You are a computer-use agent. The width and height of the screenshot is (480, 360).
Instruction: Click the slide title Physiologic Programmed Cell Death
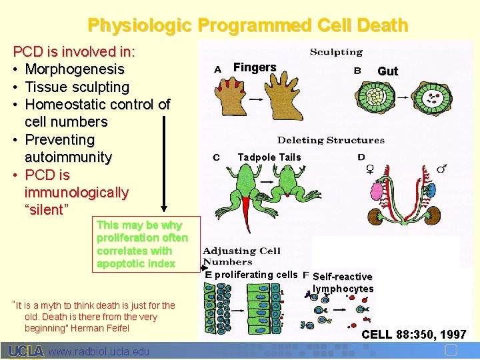(247, 25)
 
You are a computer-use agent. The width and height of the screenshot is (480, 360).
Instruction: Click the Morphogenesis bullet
(74, 69)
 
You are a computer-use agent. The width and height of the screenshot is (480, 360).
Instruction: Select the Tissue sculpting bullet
(77, 87)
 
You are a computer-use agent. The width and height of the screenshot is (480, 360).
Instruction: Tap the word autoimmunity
(68, 157)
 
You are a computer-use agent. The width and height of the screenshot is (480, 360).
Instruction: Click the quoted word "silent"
(46, 210)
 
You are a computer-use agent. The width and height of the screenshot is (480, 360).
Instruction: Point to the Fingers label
(254, 67)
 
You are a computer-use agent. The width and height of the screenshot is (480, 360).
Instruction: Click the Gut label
(387, 71)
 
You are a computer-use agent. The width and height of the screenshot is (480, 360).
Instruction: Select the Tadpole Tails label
(269, 157)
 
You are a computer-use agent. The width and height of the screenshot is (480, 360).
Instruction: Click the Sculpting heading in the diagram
(336, 52)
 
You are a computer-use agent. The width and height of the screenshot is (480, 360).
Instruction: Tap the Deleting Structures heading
(331, 140)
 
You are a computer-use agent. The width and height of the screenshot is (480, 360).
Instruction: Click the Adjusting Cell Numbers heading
(241, 257)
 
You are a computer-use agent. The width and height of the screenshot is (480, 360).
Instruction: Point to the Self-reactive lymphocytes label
(343, 283)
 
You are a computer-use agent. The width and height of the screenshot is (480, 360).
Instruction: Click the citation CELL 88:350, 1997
(413, 334)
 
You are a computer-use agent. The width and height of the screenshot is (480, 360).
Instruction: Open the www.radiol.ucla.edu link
(99, 351)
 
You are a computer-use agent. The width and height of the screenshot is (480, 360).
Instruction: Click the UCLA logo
(26, 351)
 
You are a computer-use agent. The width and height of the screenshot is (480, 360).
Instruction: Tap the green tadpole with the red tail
(245, 188)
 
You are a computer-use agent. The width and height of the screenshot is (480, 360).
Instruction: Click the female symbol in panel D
(370, 169)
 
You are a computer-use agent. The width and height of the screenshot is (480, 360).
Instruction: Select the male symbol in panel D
(441, 169)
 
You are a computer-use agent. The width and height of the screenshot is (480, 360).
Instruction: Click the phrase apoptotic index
(136, 263)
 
